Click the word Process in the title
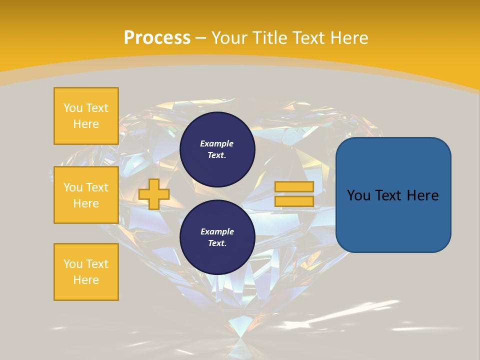pyautogui.click(x=157, y=38)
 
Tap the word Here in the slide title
pyautogui.click(x=347, y=38)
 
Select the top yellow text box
pyautogui.click(x=86, y=116)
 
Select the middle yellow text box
pyautogui.click(x=86, y=195)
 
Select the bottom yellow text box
pyautogui.click(x=86, y=272)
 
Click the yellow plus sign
pyautogui.click(x=153, y=194)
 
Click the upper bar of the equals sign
pyautogui.click(x=294, y=186)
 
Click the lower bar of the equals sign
pyautogui.click(x=294, y=201)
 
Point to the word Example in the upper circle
pyautogui.click(x=216, y=143)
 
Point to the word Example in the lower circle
pyautogui.click(x=217, y=231)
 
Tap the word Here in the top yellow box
pyautogui.click(x=86, y=124)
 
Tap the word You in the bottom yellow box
pyautogui.click(x=73, y=264)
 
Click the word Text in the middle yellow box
pyautogui.click(x=96, y=187)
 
